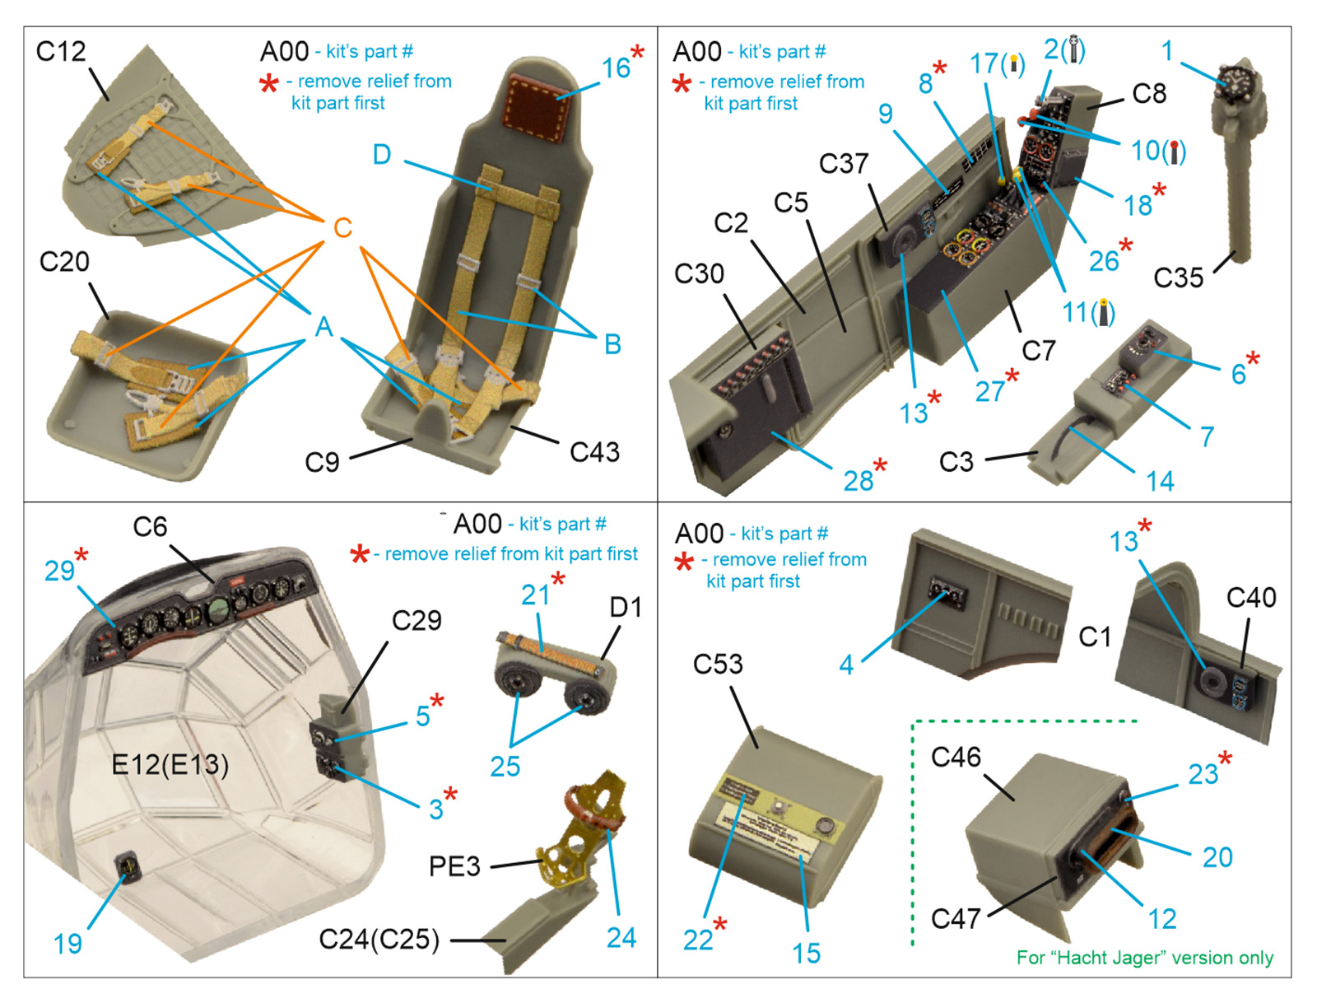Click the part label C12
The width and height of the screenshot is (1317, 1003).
(x=60, y=52)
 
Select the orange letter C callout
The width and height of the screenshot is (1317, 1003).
(x=342, y=227)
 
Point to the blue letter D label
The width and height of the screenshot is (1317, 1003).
(x=381, y=155)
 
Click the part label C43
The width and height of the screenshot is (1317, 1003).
(x=594, y=451)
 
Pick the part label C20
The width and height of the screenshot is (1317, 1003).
(x=64, y=262)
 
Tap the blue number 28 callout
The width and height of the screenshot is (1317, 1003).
(x=858, y=480)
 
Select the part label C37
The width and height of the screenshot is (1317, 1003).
(x=843, y=164)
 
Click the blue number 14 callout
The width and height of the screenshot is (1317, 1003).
(x=1160, y=481)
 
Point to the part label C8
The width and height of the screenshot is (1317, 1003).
(x=1149, y=94)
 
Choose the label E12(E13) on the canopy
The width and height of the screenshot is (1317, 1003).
(x=170, y=764)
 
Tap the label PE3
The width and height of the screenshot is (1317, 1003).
(x=454, y=866)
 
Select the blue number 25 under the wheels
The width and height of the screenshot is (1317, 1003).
(x=505, y=766)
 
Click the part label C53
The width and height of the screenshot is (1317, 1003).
(x=718, y=664)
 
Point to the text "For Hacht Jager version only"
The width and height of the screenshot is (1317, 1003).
(x=1144, y=957)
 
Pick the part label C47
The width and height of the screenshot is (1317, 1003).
(x=955, y=917)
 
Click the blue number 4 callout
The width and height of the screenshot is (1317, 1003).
(x=846, y=665)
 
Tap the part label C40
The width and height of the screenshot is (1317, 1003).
(x=1250, y=597)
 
